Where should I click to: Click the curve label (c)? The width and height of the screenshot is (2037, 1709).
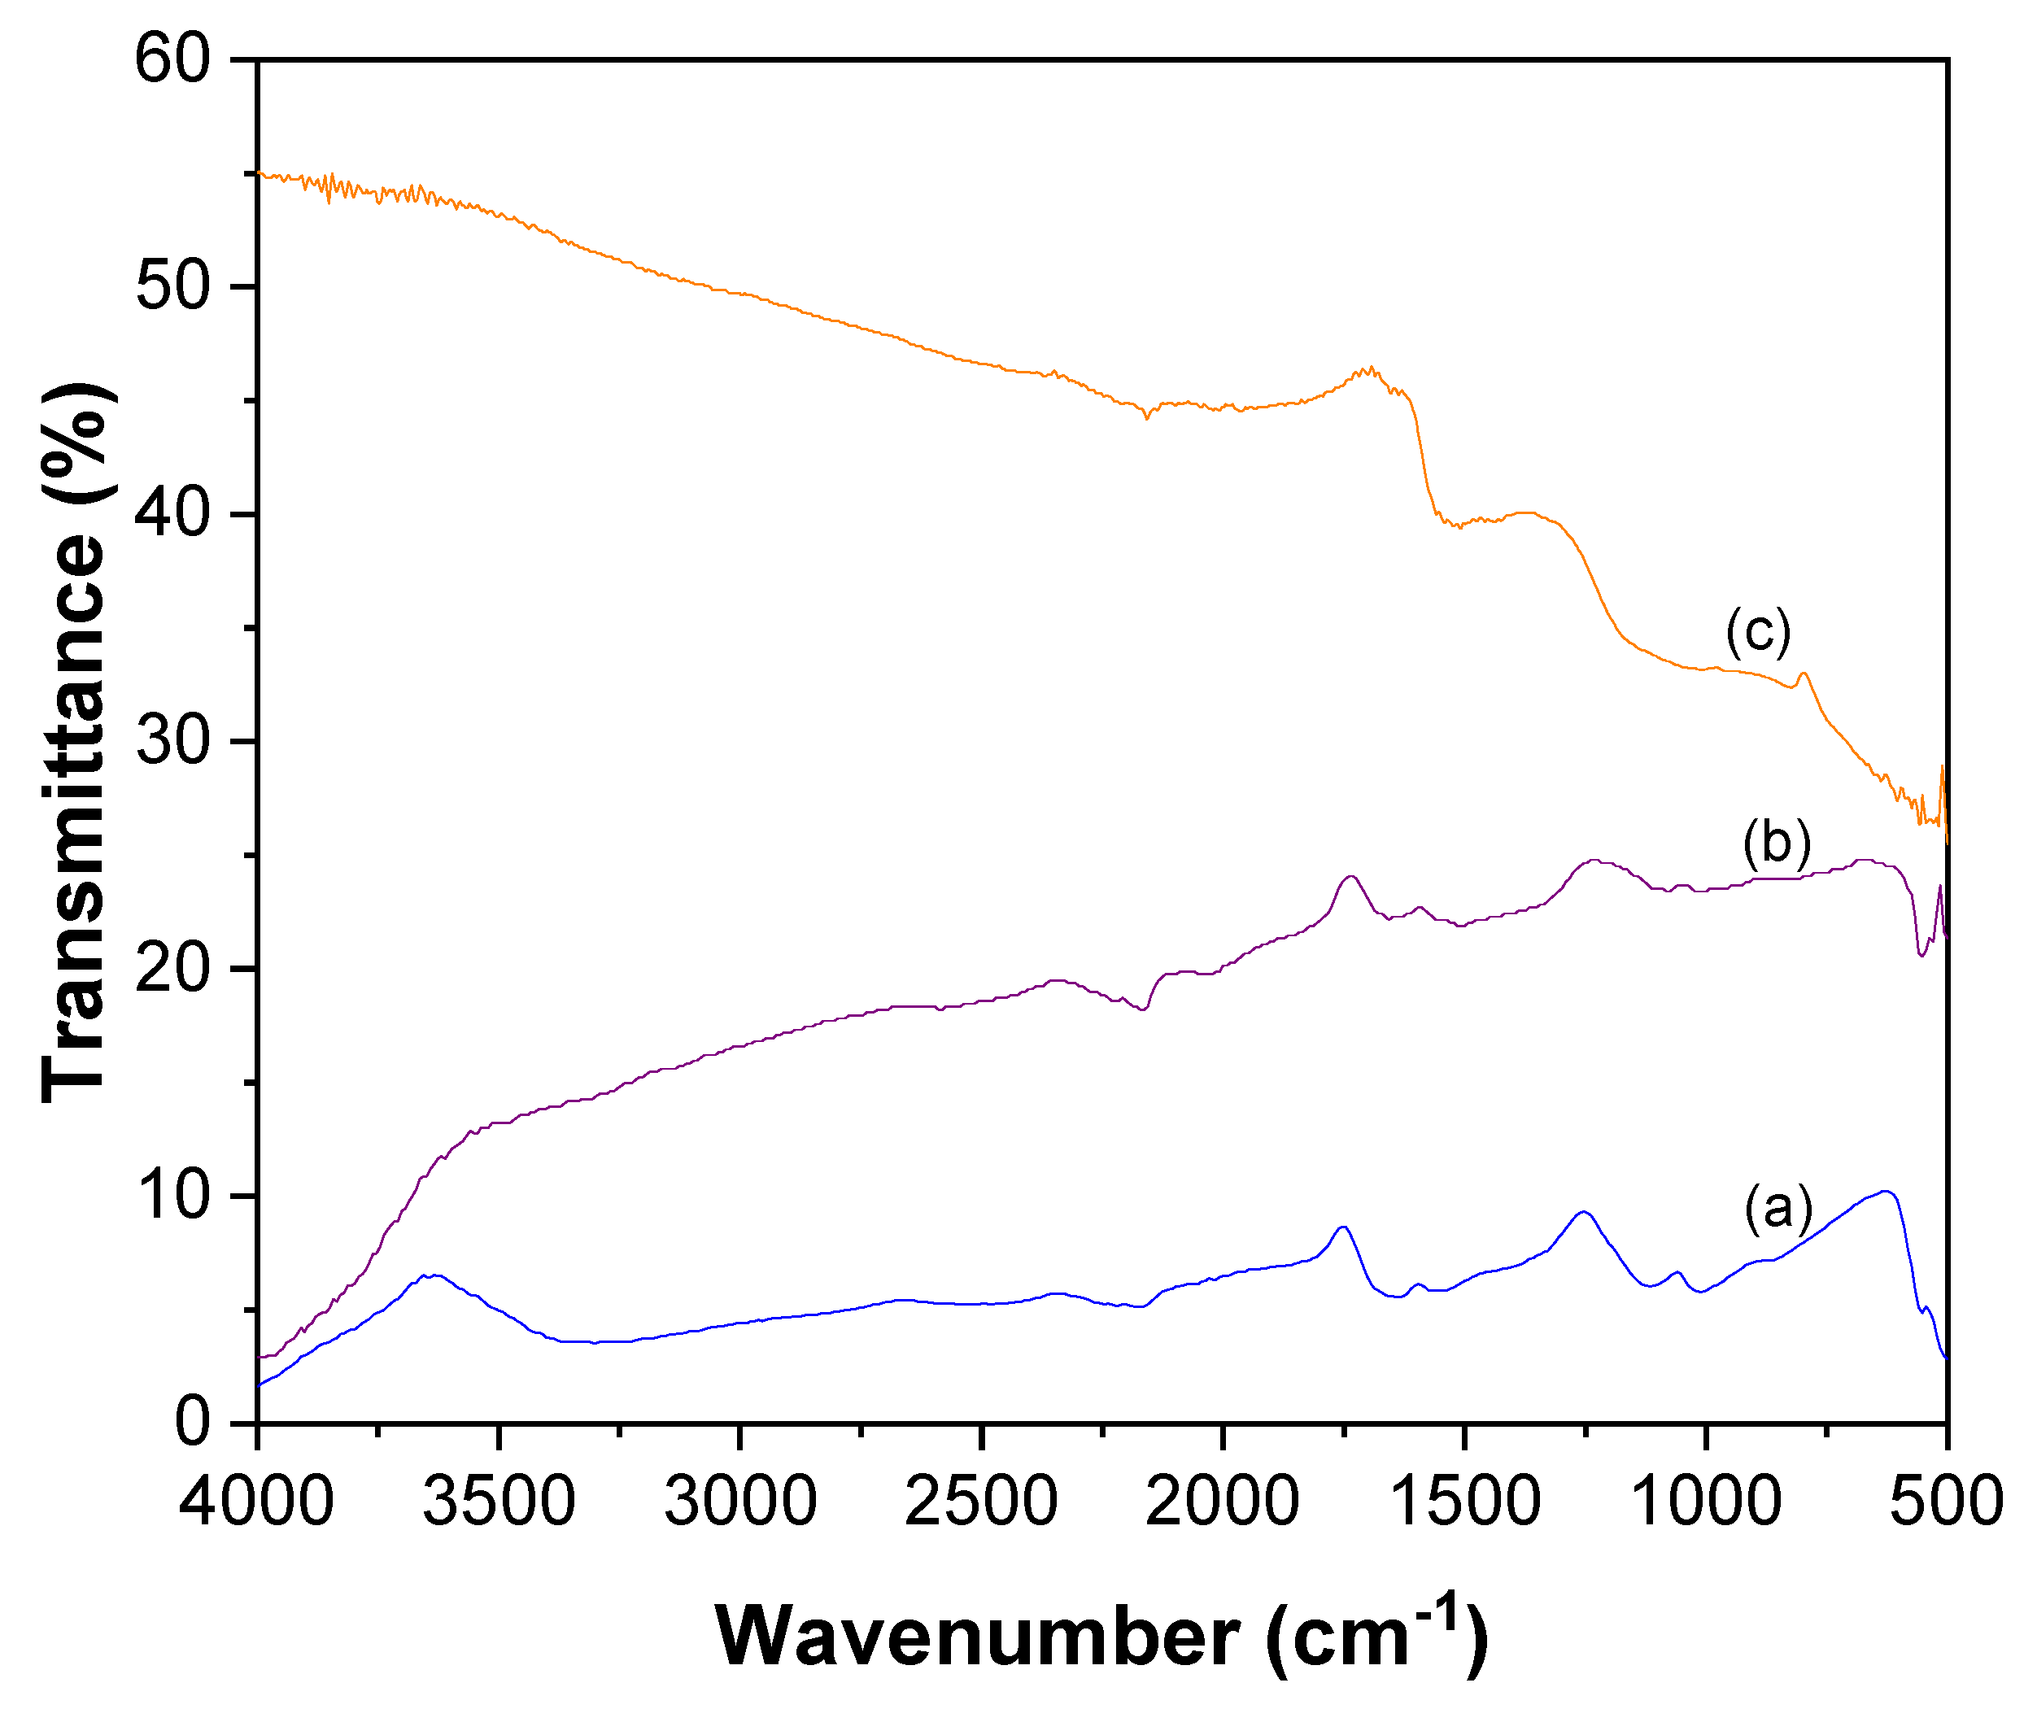pos(1758,631)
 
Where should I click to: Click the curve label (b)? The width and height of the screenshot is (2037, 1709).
pos(1776,842)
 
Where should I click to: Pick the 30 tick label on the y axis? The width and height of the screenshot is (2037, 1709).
pos(172,741)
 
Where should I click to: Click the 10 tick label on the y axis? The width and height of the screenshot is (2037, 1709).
pos(172,1195)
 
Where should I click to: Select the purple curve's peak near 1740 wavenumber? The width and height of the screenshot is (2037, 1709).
pos(1350,877)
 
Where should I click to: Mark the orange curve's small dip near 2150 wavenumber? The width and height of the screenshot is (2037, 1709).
pos(1146,417)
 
